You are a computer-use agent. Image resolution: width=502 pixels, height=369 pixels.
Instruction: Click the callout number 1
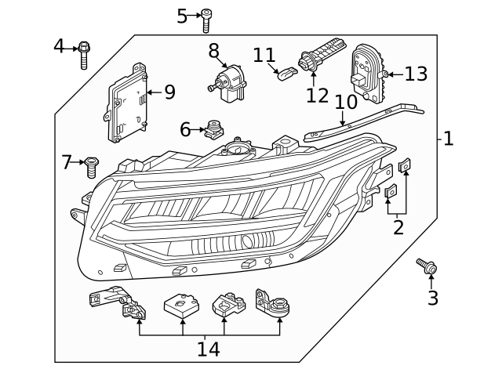coord(448,139)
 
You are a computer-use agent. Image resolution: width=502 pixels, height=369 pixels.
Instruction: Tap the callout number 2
coord(398,228)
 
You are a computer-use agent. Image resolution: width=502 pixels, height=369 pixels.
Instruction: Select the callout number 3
coord(432,298)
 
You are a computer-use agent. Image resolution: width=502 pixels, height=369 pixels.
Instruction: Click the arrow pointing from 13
coord(395,75)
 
